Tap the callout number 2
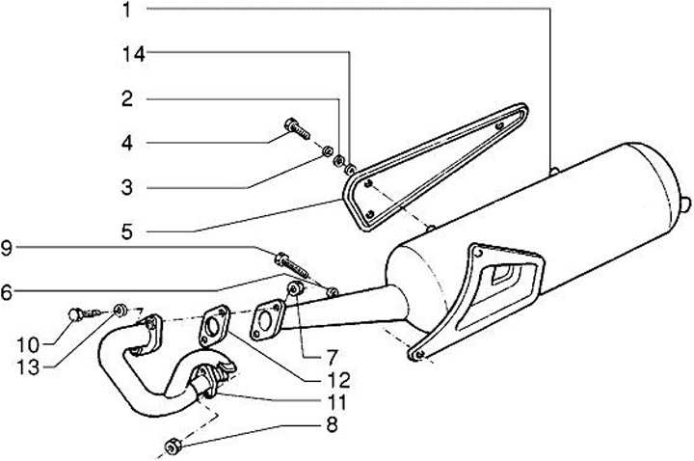(x=128, y=98)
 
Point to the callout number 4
(x=128, y=143)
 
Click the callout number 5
(x=128, y=231)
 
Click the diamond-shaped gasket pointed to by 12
(x=213, y=325)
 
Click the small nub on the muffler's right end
(x=686, y=203)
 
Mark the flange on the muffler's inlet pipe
(x=268, y=321)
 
